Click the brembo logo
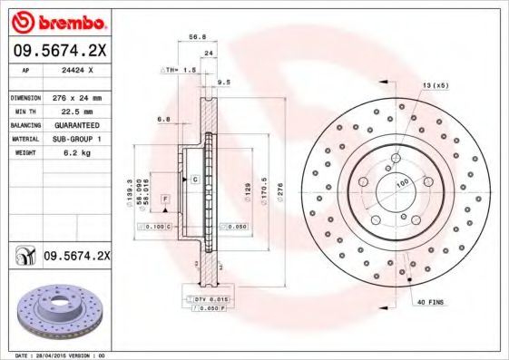pyautogui.click(x=57, y=20)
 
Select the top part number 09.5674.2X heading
pyautogui.click(x=57, y=50)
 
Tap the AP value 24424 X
pyautogui.click(x=75, y=69)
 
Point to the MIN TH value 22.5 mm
pyautogui.click(x=73, y=111)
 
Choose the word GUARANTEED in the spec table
pyautogui.click(x=75, y=124)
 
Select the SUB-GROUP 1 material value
pyautogui.click(x=75, y=139)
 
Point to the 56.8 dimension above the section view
pyautogui.click(x=193, y=37)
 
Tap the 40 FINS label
pyautogui.click(x=430, y=301)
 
